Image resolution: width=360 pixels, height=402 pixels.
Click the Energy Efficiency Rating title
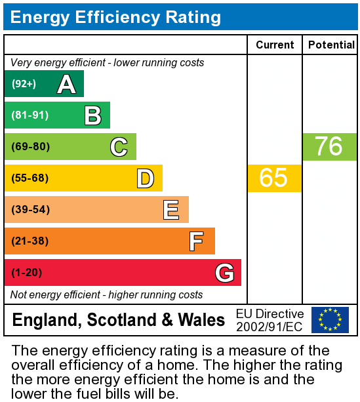click(x=115, y=16)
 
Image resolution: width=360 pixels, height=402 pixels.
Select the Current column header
click(x=275, y=45)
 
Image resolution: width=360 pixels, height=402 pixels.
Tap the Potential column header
click(x=331, y=45)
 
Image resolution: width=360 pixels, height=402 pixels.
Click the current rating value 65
click(x=274, y=178)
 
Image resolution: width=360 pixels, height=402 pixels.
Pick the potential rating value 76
click(x=329, y=147)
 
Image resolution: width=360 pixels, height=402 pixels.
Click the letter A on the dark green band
click(x=66, y=84)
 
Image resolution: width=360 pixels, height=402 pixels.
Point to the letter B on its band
click(x=92, y=115)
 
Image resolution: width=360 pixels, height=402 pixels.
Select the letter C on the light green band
click(x=119, y=147)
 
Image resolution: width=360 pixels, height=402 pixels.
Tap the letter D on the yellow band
click(x=145, y=178)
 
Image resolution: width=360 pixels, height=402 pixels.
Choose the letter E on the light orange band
click(x=171, y=210)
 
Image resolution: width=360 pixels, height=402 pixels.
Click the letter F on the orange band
click(x=197, y=241)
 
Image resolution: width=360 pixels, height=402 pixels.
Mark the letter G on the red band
click(x=224, y=273)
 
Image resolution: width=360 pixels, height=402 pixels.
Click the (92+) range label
click(x=24, y=84)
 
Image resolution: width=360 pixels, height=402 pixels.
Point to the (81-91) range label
click(x=30, y=115)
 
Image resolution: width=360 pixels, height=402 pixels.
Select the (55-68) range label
click(x=30, y=178)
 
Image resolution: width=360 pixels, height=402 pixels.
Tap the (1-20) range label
click(x=27, y=273)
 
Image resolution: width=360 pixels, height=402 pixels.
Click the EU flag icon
click(x=330, y=320)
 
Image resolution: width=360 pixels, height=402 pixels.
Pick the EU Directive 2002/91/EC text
click(x=270, y=320)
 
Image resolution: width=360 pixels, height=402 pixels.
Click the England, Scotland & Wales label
click(x=119, y=320)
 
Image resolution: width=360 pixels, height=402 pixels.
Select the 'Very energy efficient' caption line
click(x=108, y=63)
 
